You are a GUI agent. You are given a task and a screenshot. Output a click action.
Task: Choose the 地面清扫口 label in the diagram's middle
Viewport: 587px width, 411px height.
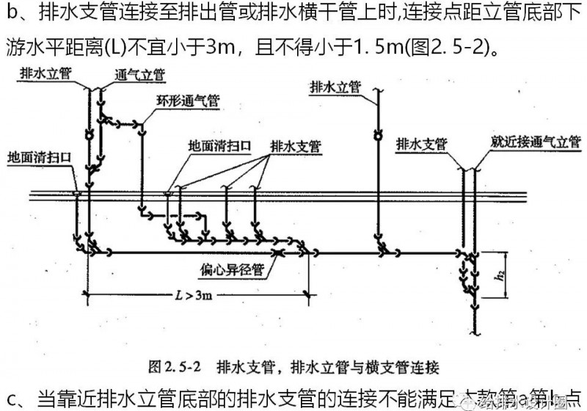pos(220,145)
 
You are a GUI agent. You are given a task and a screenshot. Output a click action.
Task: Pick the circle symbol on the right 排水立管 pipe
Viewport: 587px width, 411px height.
pos(379,135)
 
